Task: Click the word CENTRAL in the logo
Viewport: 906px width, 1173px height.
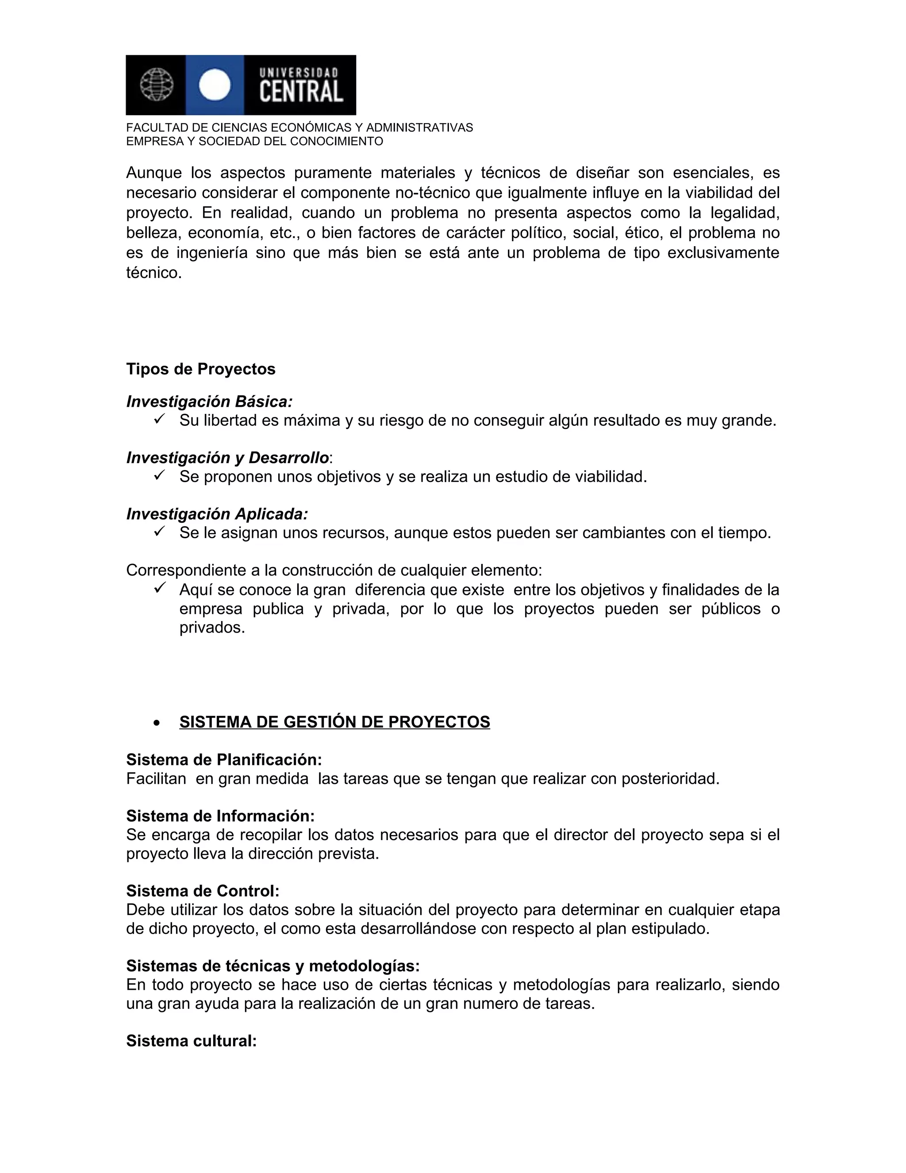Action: pos(301,92)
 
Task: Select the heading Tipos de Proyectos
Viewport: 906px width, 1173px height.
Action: pos(201,369)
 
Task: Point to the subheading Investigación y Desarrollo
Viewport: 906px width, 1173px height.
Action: pos(227,458)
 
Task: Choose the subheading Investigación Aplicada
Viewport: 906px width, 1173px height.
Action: pos(217,514)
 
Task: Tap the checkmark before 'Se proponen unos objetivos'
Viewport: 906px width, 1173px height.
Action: pos(158,475)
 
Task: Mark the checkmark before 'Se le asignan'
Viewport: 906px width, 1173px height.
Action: pos(158,532)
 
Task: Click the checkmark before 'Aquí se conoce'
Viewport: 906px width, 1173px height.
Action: pos(158,588)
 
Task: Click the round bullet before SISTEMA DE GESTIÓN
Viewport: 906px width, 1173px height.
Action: pos(156,723)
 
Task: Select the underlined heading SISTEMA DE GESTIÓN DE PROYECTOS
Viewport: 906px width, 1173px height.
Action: pos(334,722)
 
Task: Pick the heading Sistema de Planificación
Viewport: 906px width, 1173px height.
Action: pos(224,760)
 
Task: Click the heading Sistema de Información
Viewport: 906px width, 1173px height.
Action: pos(220,816)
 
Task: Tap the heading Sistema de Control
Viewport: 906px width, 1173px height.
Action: pos(202,891)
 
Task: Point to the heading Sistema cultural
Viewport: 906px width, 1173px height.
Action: pos(191,1041)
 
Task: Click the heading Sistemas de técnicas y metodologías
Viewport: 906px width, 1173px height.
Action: pos(273,966)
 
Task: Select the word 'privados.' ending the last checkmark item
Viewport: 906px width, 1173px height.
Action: pos(212,627)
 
